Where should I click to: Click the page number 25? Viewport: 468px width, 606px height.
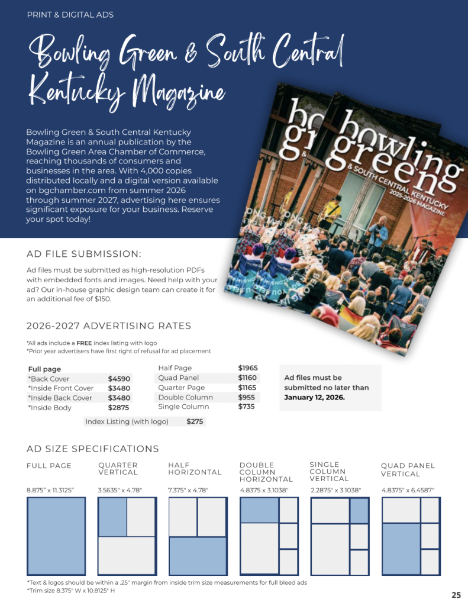[x=456, y=595]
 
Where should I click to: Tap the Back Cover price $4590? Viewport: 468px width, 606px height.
[x=119, y=379]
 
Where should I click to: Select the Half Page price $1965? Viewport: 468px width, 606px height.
[x=248, y=368]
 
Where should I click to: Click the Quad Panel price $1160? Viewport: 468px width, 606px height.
[x=248, y=378]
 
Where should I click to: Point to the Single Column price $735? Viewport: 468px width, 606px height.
[x=246, y=407]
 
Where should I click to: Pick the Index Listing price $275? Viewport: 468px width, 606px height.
[x=195, y=421]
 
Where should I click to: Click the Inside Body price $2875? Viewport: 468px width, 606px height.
[x=119, y=408]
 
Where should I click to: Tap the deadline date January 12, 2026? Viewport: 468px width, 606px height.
[x=314, y=397]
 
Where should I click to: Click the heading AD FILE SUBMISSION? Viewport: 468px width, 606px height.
[x=84, y=254]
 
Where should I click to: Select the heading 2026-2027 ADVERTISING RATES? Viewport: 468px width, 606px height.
[x=109, y=326]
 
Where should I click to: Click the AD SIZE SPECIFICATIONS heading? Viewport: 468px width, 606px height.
[x=93, y=449]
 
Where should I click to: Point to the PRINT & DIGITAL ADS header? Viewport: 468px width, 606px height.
[x=70, y=14]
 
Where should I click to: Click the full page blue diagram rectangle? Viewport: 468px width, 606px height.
[x=56, y=536]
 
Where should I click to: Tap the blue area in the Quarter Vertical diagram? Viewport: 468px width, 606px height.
[x=112, y=517]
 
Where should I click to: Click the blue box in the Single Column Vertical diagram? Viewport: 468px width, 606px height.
[x=359, y=511]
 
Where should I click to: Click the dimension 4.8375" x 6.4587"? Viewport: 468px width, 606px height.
[x=408, y=490]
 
